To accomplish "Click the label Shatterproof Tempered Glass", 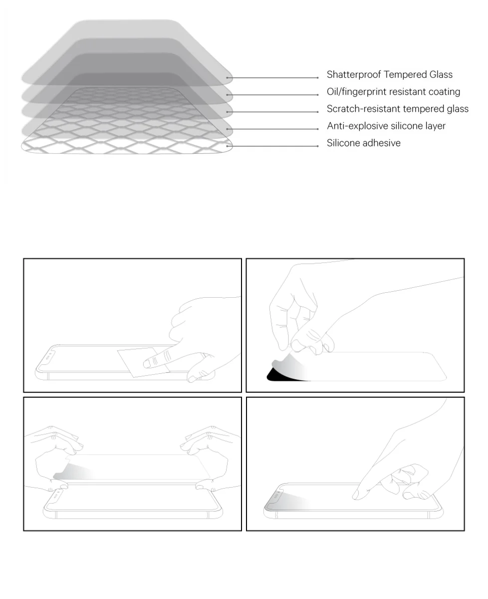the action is [389, 75].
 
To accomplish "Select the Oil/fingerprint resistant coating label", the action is [393, 92].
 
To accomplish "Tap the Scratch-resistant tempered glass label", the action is [397, 109].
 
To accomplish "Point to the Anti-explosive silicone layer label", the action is [386, 126].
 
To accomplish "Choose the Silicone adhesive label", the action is [363, 143].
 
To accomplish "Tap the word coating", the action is [444, 92].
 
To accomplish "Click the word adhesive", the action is [382, 143].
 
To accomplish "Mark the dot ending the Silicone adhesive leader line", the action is [318, 146].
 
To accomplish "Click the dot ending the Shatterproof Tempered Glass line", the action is [318, 77].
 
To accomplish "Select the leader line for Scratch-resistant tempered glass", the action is [274, 112].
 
